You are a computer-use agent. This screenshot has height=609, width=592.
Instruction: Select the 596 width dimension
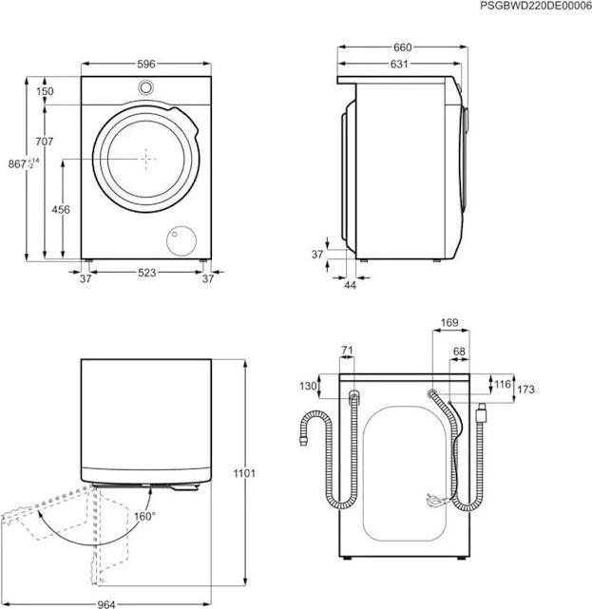145,65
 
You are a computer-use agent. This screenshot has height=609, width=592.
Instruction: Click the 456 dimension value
61,211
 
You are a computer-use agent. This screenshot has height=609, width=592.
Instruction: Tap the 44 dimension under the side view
349,284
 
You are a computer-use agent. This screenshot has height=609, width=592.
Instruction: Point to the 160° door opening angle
143,517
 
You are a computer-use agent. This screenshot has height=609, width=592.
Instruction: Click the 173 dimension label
526,390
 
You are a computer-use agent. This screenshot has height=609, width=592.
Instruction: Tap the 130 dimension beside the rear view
308,386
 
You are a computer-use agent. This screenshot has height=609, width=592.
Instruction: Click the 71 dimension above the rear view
347,352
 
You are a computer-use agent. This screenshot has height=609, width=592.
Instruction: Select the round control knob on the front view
146,88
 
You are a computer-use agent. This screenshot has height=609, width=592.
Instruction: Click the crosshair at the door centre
146,159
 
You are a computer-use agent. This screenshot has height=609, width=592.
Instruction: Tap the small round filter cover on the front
180,241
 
